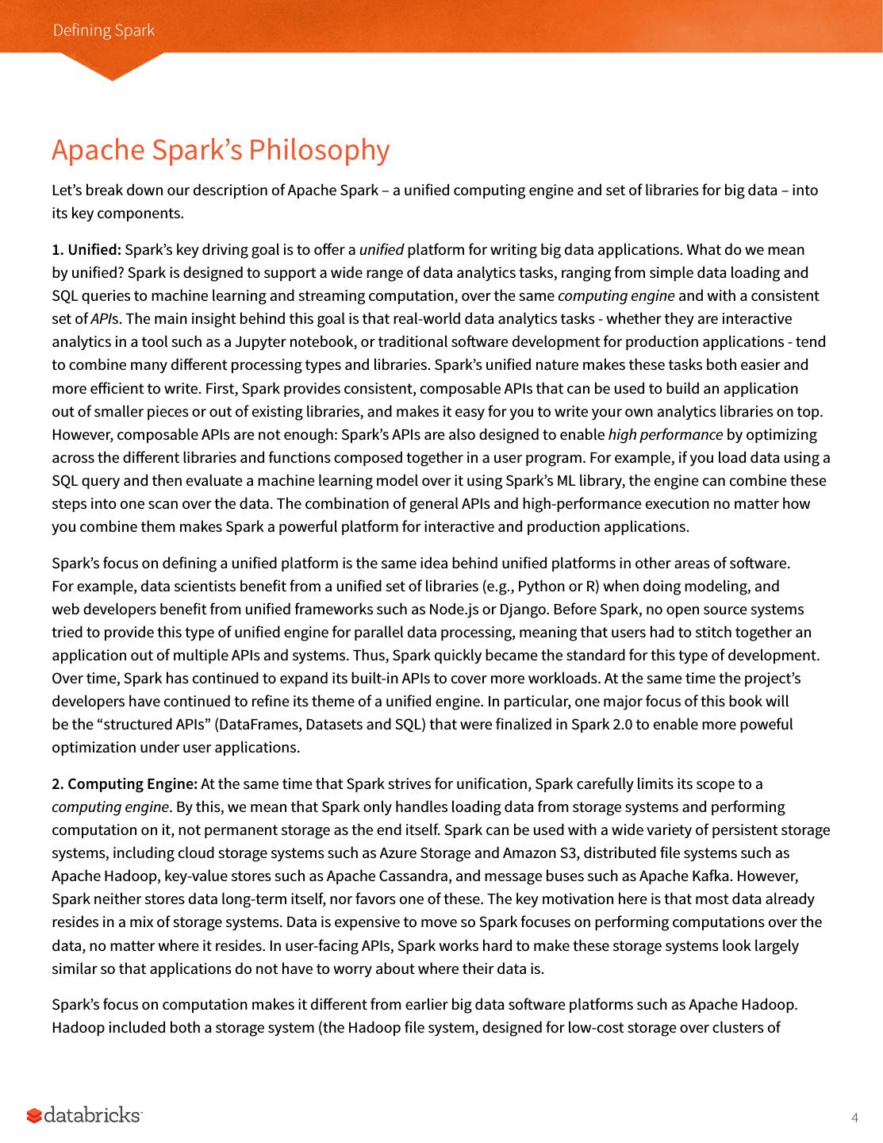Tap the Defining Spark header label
[103, 30]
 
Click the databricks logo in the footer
[84, 1115]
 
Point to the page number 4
[854, 1118]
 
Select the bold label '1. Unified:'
[86, 250]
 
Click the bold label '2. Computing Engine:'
[125, 784]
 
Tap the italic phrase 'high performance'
[665, 435]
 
